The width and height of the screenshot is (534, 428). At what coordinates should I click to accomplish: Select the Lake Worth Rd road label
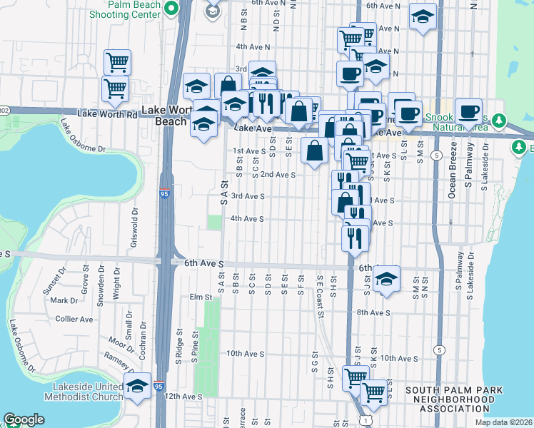point(107,114)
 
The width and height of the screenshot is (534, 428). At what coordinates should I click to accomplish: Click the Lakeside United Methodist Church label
point(83,392)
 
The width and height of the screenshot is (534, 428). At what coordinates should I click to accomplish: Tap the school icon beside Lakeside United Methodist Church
point(137,386)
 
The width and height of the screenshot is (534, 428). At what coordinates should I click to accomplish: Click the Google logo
point(24,419)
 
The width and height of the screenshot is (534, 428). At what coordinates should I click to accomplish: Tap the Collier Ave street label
point(74,320)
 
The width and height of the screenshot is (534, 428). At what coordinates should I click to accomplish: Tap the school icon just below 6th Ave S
point(386,278)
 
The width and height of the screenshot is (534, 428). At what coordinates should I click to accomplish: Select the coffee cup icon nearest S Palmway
point(468,111)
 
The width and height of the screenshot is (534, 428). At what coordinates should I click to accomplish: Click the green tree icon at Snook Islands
point(500,118)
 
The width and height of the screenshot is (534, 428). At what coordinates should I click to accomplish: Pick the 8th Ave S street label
point(373,312)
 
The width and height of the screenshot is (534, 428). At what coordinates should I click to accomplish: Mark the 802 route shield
point(4,111)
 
